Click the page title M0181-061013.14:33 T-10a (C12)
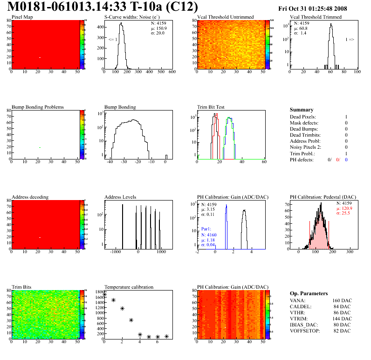point(103,7)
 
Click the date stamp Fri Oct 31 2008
point(321,8)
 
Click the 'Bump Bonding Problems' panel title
point(38,107)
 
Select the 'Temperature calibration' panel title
point(129,287)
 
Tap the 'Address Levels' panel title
point(120,197)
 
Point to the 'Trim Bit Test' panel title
point(211,107)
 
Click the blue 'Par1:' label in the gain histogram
point(207,229)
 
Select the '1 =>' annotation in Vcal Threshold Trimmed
point(350,40)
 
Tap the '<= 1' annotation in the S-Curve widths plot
point(112,40)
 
